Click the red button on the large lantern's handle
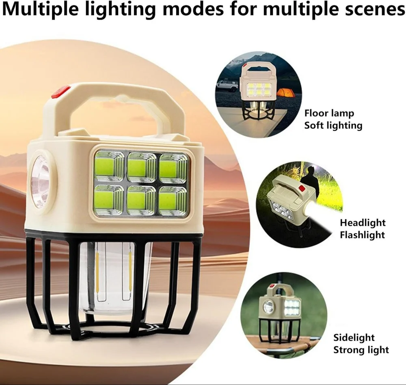60,92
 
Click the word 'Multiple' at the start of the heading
40,10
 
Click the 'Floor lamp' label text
329,113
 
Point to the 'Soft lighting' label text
333,126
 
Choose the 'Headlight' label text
363,222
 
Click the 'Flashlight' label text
363,235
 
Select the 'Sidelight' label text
354,338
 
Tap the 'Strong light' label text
361,350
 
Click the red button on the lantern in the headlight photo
302,188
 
